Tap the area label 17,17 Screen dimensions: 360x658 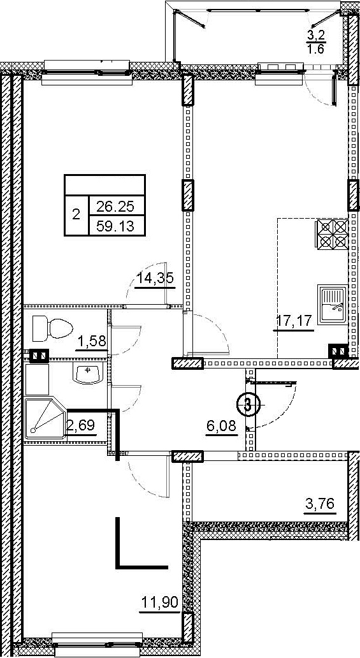pyautogui.click(x=294, y=322)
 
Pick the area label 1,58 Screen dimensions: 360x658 pyautogui.click(x=90, y=342)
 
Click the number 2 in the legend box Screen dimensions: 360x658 pyautogui.click(x=76, y=216)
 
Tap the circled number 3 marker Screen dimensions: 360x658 pyautogui.click(x=248, y=405)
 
